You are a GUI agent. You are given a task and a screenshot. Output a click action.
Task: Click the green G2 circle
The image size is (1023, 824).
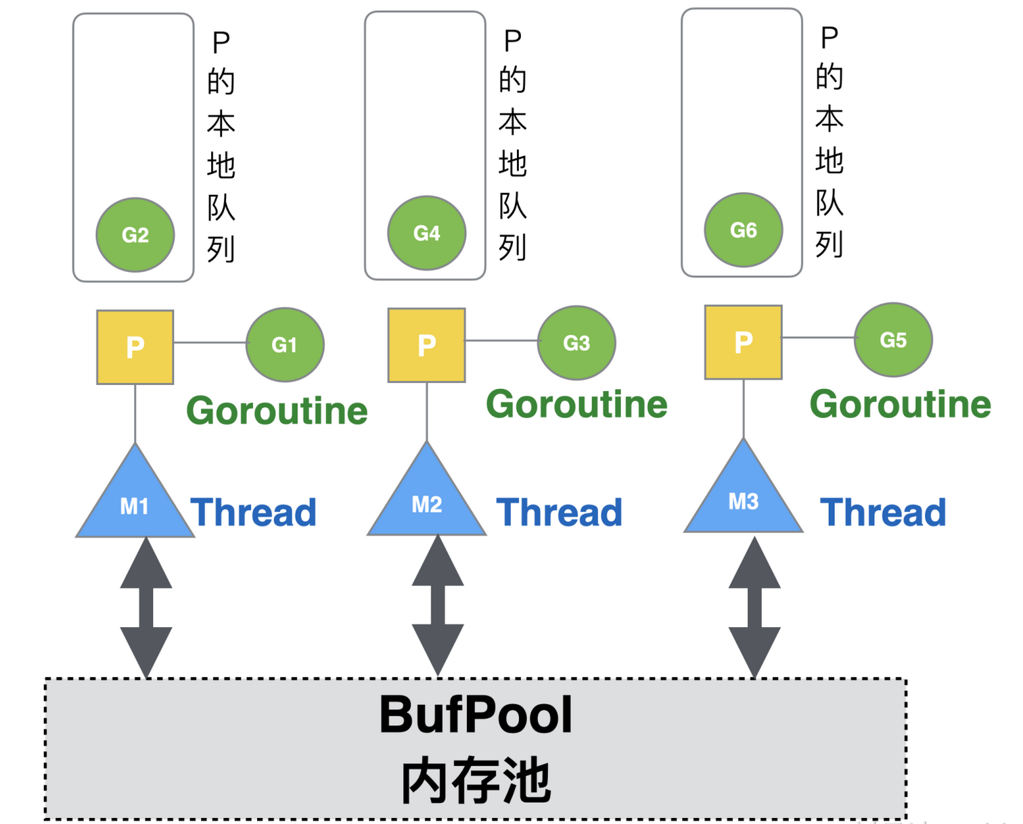(x=135, y=235)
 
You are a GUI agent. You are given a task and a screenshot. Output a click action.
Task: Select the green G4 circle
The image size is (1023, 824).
(x=427, y=233)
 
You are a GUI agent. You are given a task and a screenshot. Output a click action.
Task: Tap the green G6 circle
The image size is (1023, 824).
(x=744, y=230)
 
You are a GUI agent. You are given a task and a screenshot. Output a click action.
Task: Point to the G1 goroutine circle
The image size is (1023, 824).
(x=285, y=345)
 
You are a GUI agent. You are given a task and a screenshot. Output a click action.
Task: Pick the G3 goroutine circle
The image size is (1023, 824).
(x=576, y=343)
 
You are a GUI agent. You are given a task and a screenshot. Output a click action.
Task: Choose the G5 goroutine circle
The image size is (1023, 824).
(x=893, y=340)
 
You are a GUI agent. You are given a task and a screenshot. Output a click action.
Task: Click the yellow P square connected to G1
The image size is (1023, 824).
(x=135, y=347)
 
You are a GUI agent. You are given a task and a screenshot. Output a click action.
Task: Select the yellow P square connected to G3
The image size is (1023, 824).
(x=427, y=345)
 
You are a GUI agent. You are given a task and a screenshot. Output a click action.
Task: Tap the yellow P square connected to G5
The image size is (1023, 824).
(x=744, y=342)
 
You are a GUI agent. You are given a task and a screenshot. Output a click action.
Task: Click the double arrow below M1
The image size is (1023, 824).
(x=146, y=607)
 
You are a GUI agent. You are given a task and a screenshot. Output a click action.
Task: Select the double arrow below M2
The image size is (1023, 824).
(x=438, y=605)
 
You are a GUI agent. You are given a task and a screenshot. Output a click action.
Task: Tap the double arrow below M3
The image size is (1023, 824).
(x=754, y=607)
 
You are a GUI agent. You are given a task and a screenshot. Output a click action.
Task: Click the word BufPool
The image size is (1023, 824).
(x=476, y=715)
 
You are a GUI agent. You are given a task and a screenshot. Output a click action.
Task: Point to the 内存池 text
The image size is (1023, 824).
(x=476, y=780)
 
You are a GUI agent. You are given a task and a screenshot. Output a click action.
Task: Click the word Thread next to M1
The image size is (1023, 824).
(x=254, y=512)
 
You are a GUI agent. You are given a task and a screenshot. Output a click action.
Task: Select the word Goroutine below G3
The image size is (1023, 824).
(x=576, y=405)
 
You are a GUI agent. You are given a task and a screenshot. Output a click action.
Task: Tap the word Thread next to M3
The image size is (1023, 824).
(x=883, y=512)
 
